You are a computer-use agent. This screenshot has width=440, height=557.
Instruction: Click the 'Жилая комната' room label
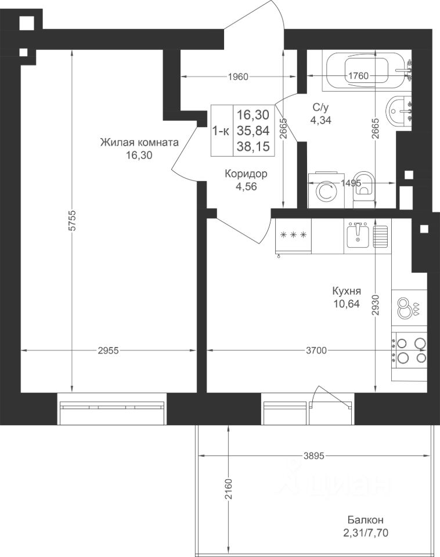point(139,143)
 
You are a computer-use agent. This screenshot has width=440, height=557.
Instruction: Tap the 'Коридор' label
point(246,173)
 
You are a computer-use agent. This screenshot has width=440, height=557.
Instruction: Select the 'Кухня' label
point(347,291)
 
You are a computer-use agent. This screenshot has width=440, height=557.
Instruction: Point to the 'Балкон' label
point(365,520)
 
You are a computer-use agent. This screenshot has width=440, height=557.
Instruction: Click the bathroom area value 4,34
point(320,120)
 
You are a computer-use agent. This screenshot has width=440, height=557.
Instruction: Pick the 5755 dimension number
point(73,221)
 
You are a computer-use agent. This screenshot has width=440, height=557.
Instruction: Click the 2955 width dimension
point(108,351)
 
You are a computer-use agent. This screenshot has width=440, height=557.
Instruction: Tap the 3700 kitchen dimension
point(316,350)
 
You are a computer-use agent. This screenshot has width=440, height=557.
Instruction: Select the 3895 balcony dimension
point(314,456)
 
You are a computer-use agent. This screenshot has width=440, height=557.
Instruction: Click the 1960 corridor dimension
point(238,77)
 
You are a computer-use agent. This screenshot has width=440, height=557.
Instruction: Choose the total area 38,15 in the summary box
point(254,146)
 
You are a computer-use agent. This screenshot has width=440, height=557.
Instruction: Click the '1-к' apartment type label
point(221,131)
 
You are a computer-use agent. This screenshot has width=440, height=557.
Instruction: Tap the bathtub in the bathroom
point(366,71)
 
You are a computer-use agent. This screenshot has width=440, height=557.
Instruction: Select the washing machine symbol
point(326,191)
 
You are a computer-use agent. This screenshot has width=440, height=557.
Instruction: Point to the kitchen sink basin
point(358,235)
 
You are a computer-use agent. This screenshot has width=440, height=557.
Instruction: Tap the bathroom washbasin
point(399,111)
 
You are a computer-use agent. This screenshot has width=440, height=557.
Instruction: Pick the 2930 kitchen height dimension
point(376,305)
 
